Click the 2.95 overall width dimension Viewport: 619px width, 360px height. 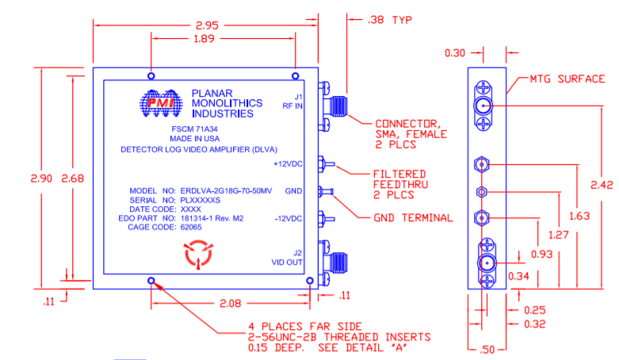click(207, 25)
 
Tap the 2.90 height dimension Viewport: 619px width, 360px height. click(40, 178)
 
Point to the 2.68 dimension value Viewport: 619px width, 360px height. click(73, 178)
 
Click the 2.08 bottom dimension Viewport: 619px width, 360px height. click(231, 303)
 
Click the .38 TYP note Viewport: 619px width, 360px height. click(389, 19)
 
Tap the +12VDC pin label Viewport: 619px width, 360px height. click(288, 164)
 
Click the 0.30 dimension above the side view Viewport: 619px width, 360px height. click(455, 53)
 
